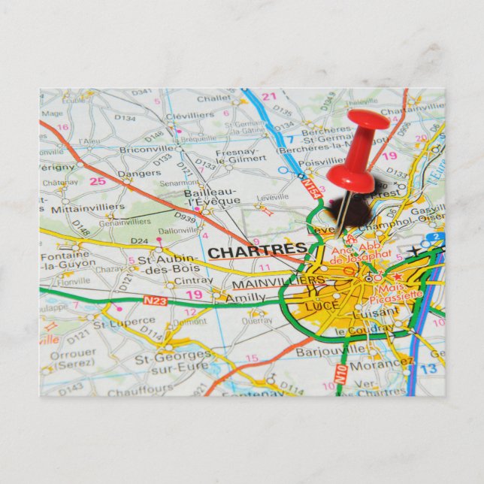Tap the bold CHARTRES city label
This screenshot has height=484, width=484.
click(257, 251)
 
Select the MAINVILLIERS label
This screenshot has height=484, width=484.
click(277, 283)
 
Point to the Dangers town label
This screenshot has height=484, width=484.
click(139, 173)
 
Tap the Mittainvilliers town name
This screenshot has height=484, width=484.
click(88, 207)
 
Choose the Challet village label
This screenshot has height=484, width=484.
click(213, 98)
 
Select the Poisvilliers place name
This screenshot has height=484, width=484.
click(322, 160)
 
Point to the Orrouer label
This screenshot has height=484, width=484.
click(73, 352)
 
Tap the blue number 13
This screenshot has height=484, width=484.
click(428, 368)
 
